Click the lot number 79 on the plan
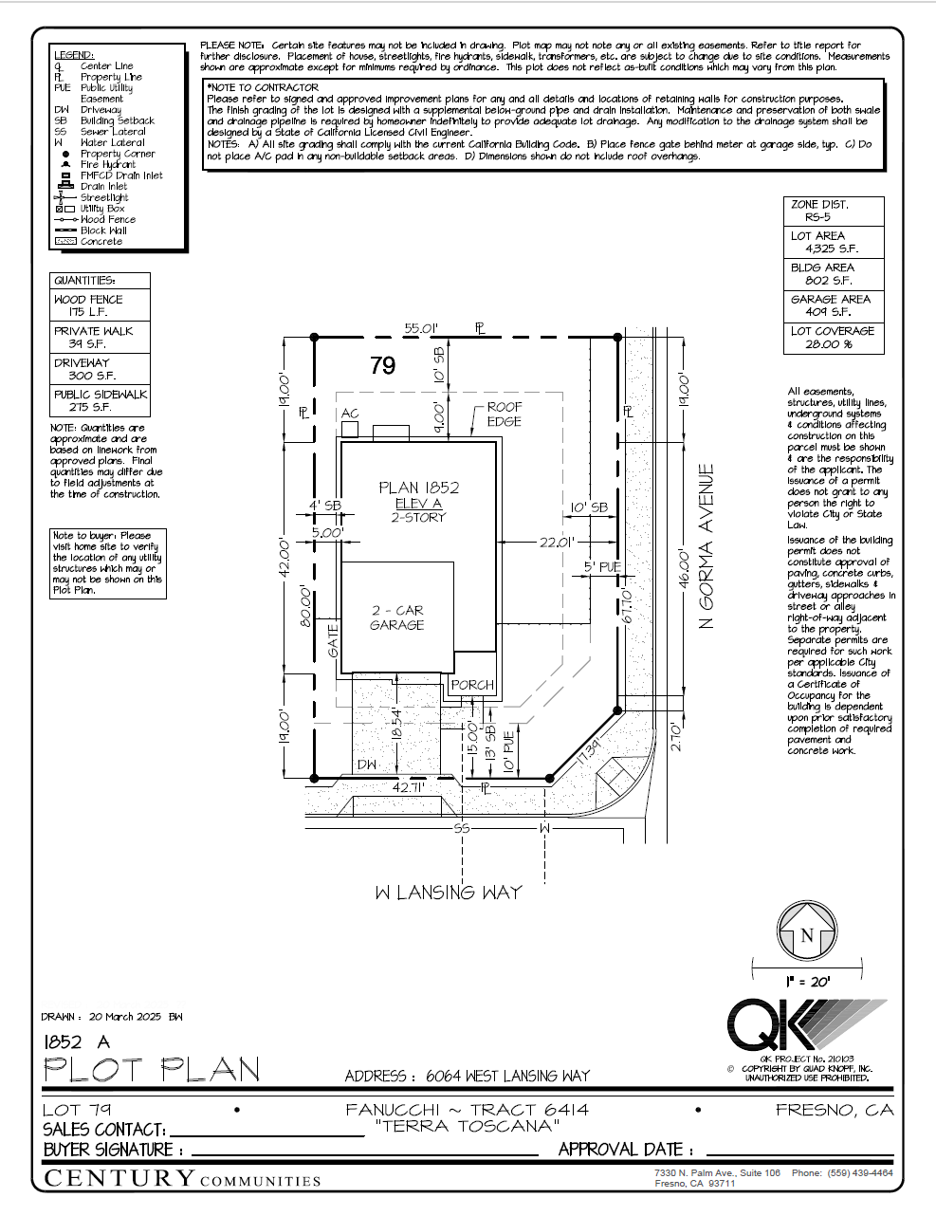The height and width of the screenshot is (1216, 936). point(382,365)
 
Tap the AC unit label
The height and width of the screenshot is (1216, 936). point(350,414)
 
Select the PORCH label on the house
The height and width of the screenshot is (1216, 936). point(472,685)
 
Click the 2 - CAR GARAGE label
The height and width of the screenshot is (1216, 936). point(396,617)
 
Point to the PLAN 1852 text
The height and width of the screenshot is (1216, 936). point(419,488)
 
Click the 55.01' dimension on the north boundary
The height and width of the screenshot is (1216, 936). point(422,328)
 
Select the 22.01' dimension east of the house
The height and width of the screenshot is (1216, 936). point(558,542)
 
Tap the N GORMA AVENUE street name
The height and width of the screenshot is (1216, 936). point(706,545)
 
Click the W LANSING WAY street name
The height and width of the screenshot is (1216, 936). point(448,893)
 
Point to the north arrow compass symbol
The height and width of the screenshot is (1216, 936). point(807,932)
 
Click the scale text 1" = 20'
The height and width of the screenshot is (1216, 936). point(807,982)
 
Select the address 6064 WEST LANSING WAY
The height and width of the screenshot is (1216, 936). point(507,1076)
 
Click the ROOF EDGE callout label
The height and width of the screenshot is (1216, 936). point(505,415)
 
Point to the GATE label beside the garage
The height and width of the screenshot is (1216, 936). point(333,640)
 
